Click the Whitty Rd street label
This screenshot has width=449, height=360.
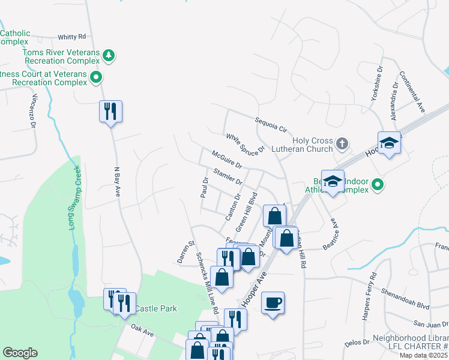[72, 37]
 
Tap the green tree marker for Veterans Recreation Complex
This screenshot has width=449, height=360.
[109, 56]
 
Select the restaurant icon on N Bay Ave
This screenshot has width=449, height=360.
[110, 112]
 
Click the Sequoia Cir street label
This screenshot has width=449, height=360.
[271, 124]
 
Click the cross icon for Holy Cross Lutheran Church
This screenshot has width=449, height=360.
[342, 143]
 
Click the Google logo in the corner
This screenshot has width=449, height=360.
[20, 352]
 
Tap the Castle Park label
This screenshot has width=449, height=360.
[155, 308]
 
